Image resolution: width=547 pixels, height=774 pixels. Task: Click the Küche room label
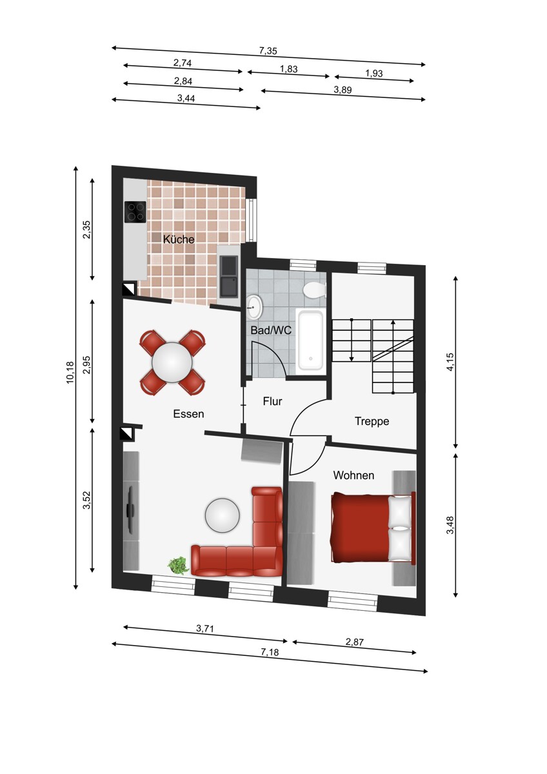coord(178,239)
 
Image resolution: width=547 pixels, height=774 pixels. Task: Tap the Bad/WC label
coord(271,330)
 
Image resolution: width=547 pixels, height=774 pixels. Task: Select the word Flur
coord(272,401)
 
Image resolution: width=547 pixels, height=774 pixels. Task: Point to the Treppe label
coord(372,422)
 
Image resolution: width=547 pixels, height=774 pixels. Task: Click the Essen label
coord(188,414)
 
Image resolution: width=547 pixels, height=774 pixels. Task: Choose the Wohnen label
coord(353,475)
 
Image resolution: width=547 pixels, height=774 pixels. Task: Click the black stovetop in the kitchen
coord(135,212)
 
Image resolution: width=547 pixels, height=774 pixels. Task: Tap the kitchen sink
coord(228,277)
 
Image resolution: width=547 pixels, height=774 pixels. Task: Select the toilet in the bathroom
coord(314,290)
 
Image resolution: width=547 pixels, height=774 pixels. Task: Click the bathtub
coord(311,341)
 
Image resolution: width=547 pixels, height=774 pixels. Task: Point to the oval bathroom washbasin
coord(255,306)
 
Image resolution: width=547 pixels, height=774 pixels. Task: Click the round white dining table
coord(172,362)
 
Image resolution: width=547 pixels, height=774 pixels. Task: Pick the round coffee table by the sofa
coord(222,515)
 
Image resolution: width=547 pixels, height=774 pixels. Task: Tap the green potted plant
coord(178,566)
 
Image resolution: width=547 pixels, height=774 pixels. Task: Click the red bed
coord(373,528)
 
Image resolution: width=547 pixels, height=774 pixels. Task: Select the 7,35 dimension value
coord(268,51)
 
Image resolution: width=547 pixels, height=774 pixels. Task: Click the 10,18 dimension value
coord(70,372)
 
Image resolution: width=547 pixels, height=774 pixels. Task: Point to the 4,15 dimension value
coord(450,362)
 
